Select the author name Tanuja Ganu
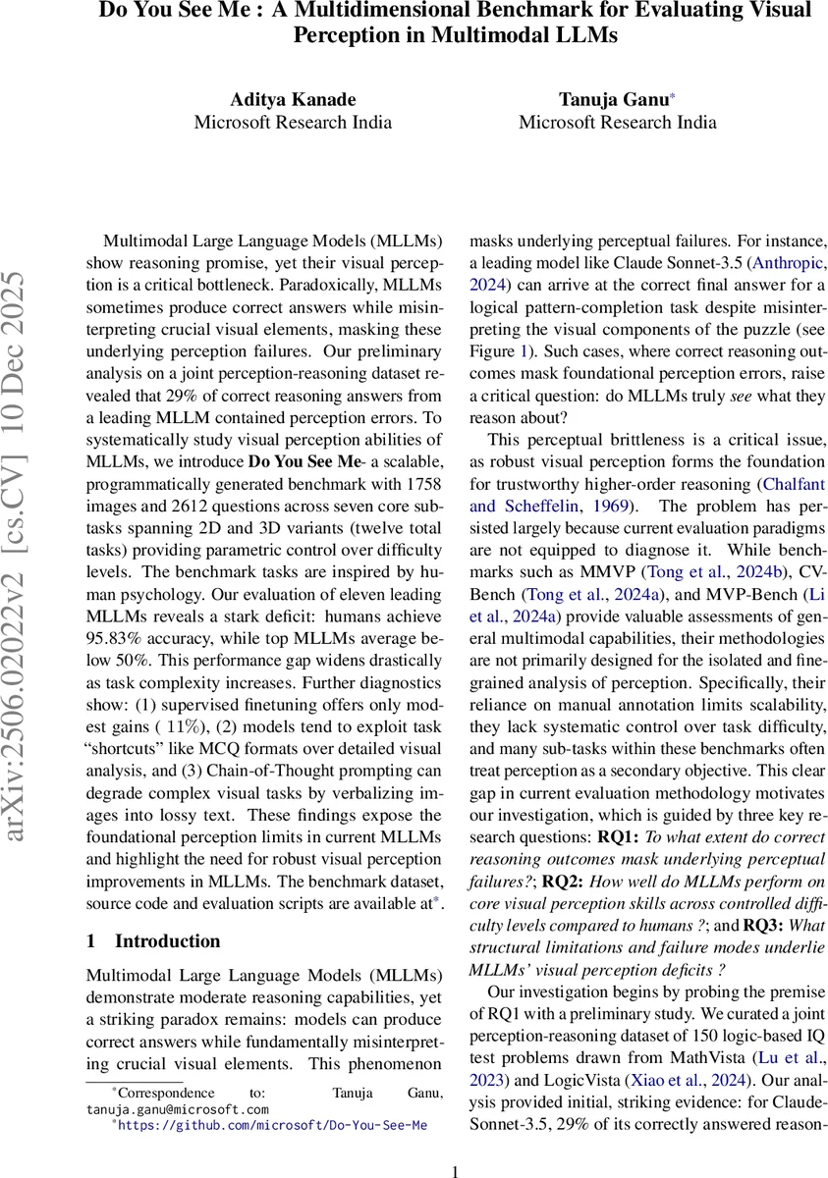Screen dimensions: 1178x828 click(617, 98)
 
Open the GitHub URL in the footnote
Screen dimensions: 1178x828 click(272, 1126)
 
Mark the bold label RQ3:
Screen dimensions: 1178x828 click(765, 925)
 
